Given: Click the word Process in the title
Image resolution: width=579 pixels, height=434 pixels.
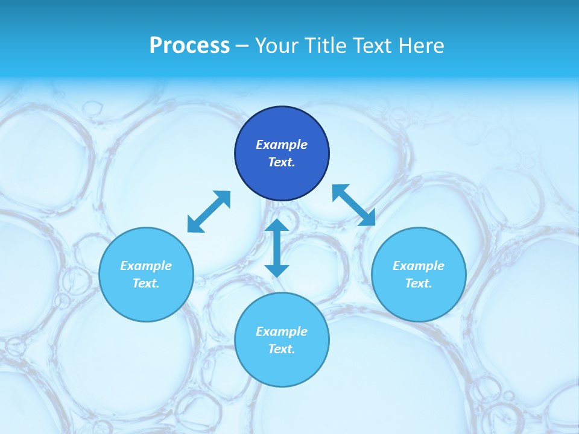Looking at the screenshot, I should (189, 46).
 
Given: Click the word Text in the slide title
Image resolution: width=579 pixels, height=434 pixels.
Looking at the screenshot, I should (372, 46).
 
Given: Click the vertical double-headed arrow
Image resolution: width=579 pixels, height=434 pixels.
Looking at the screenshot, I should (277, 248).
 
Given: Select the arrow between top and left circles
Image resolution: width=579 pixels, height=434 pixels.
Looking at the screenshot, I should (209, 212).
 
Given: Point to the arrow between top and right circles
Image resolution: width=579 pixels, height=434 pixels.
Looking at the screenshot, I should (354, 205).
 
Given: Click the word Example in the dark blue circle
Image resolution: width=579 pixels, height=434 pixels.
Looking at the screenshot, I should (282, 145).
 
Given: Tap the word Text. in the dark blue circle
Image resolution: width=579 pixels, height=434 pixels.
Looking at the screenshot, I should (282, 162).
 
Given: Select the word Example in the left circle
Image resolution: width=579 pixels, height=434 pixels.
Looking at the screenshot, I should (146, 266).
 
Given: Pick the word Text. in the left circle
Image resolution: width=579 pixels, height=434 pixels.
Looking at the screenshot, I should (146, 283).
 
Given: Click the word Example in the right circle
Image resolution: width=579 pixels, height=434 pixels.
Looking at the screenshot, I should (419, 266).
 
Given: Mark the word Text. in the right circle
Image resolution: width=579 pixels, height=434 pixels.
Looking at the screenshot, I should (419, 283).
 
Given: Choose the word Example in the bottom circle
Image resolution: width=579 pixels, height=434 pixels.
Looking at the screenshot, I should (282, 332).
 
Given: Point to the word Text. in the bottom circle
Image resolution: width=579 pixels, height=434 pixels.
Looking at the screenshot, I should (282, 349).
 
